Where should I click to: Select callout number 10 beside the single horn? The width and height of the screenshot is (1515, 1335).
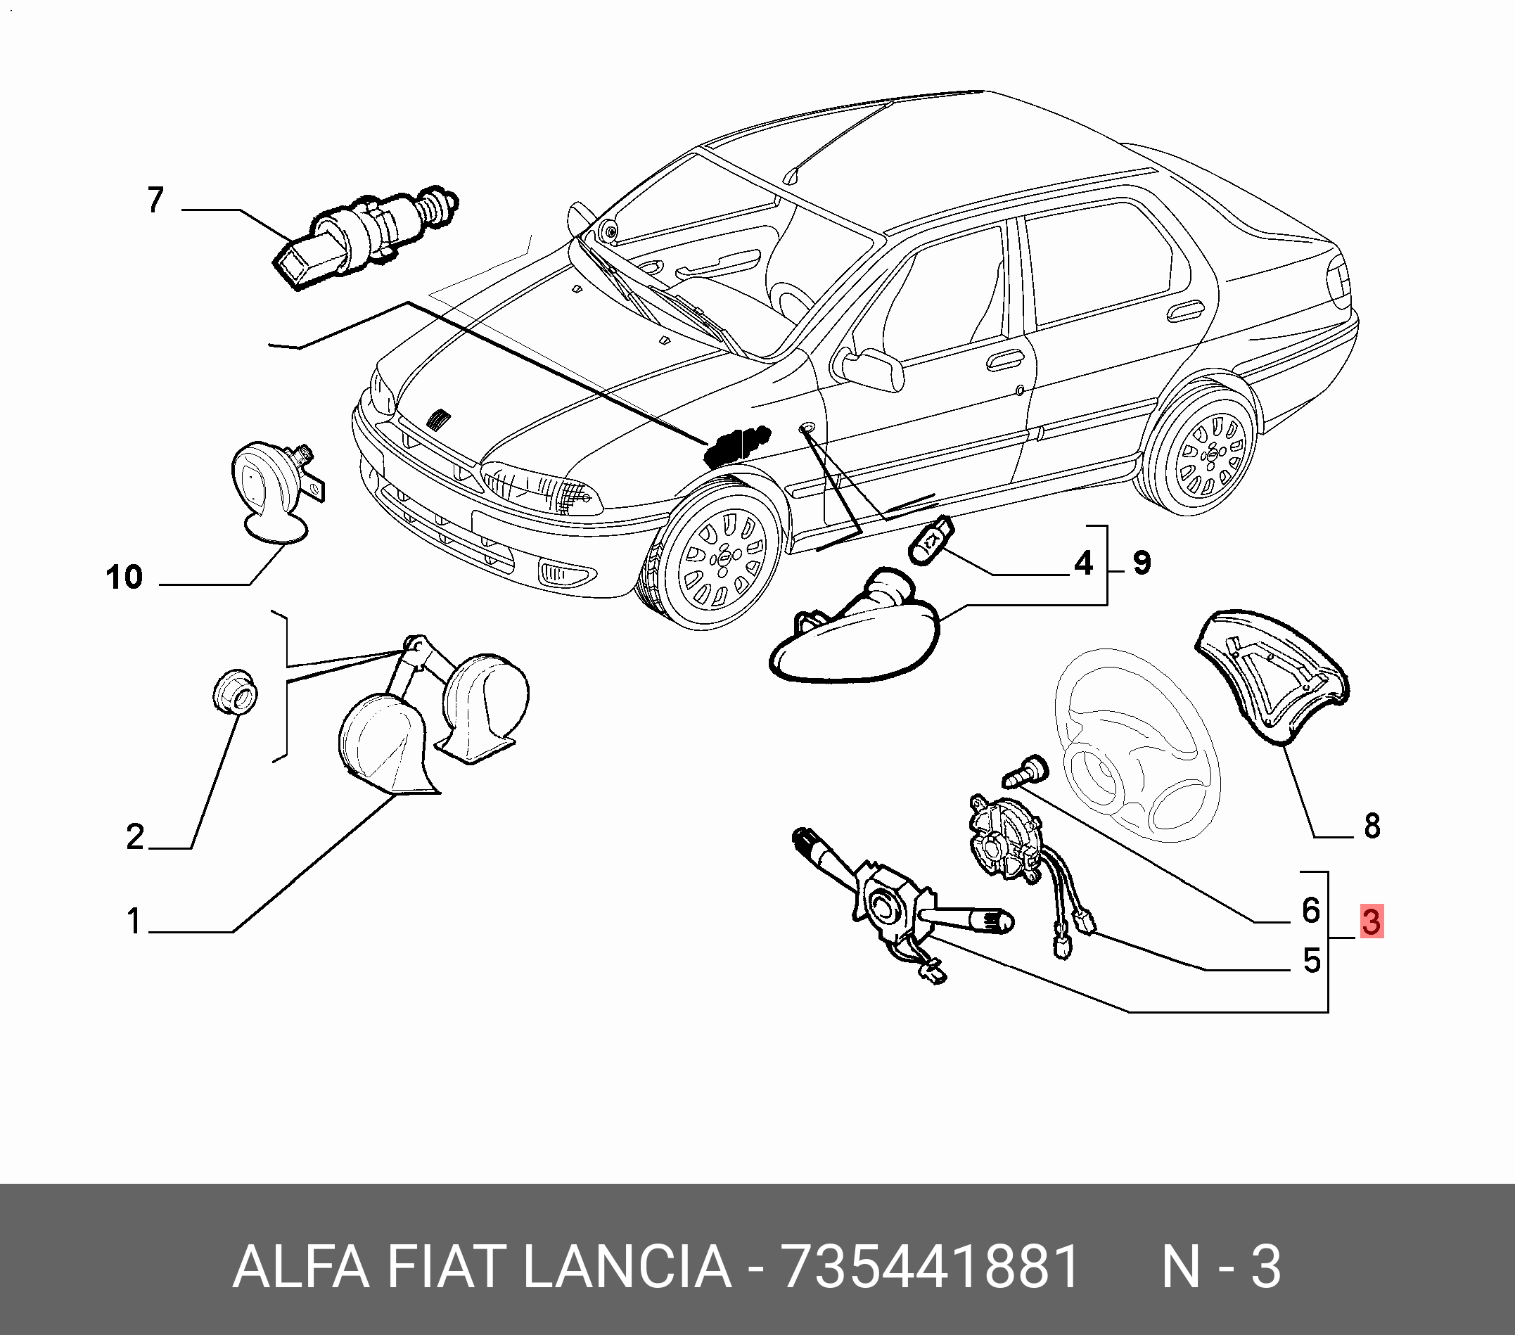[124, 577]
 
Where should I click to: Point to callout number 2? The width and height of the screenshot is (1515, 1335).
[135, 836]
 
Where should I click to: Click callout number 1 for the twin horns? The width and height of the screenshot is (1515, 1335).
[134, 921]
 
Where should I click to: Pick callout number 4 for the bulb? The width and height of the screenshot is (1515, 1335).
[1084, 563]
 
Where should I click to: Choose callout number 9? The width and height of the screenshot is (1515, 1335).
[1142, 563]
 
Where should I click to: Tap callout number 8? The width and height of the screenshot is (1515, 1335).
[1372, 826]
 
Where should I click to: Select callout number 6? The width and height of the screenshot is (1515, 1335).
[1311, 909]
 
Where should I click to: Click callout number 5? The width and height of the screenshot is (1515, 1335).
[1312, 960]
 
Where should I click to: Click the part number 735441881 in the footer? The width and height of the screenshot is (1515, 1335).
[931, 1267]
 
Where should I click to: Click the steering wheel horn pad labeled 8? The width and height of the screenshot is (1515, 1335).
[1272, 677]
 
